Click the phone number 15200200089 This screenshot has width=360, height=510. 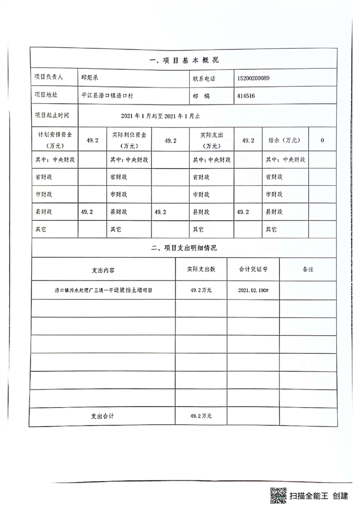coord(254,78)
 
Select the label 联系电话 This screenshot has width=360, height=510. coord(204,78)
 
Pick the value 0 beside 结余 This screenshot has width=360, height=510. coord(323,140)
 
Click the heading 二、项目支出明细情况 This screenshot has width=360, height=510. coord(185,248)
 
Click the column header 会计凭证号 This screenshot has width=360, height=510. coord(253,269)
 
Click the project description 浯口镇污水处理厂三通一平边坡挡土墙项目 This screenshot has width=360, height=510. coord(103,290)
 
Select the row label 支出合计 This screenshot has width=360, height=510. coord(103,416)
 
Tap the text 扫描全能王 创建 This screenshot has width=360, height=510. coord(318,496)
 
